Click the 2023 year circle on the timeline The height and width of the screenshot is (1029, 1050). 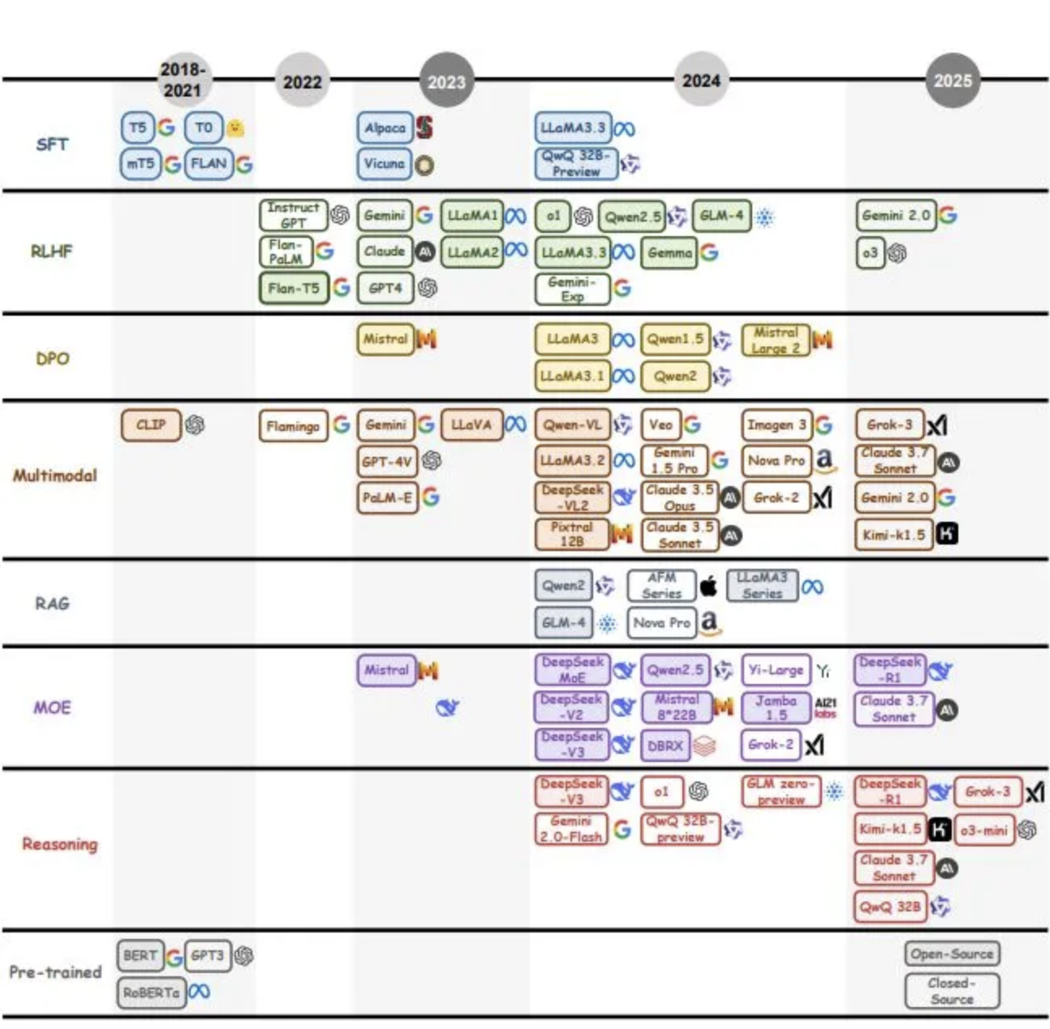tap(446, 80)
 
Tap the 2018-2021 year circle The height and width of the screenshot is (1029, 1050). tap(183, 80)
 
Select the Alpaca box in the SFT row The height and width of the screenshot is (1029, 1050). tap(385, 127)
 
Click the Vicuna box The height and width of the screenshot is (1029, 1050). tap(384, 164)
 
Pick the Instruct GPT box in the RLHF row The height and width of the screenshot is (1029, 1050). tap(293, 215)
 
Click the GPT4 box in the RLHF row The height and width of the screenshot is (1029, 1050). tap(385, 288)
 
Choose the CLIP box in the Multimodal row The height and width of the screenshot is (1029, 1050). tap(151, 424)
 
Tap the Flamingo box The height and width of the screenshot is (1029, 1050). tap(293, 425)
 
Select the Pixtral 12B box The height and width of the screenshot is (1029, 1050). tap(571, 534)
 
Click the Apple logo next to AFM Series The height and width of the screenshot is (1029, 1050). tap(708, 585)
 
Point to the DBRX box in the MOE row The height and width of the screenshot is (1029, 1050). tap(665, 745)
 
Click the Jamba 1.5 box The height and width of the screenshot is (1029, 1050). tap(776, 708)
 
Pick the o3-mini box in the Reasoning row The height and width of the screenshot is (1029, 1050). tap(983, 830)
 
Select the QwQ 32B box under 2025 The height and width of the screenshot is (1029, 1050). tap(890, 906)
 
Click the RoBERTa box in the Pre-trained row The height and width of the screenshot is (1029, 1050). tap(151, 992)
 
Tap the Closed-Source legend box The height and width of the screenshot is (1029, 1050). tap(952, 991)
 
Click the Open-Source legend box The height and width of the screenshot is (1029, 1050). tap(952, 954)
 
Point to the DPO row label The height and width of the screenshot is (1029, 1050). tap(52, 358)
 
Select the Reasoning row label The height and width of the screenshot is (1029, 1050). tap(59, 844)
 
